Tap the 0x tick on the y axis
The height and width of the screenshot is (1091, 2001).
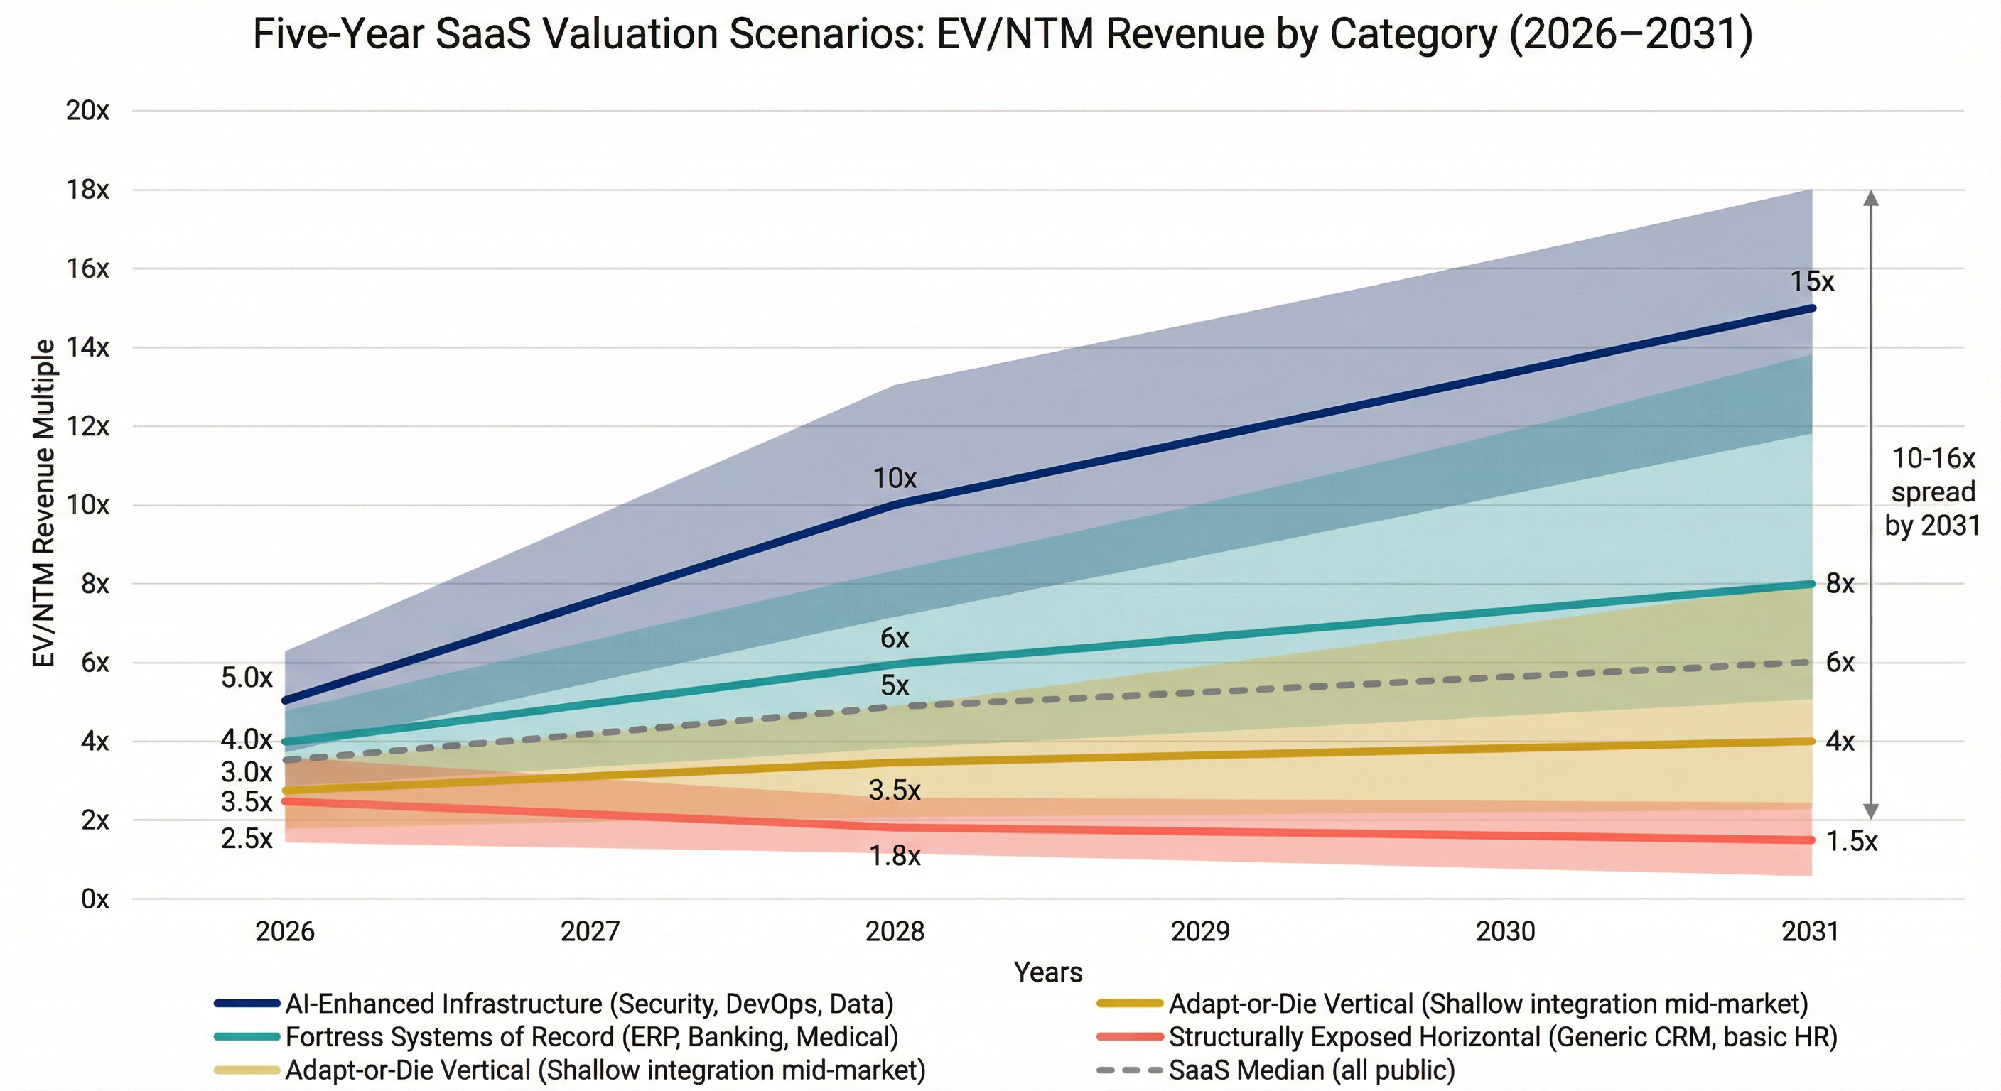94,899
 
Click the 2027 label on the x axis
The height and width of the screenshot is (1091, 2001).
590,931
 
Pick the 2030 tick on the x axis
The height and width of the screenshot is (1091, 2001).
1506,931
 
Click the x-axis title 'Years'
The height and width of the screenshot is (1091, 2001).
1048,972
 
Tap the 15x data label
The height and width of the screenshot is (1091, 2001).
1811,281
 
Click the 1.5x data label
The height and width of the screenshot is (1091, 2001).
1851,841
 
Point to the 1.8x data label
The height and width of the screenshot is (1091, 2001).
894,856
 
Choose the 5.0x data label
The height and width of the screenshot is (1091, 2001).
247,677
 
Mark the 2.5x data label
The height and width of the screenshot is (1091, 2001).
247,839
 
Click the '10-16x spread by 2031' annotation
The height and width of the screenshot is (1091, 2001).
1933,492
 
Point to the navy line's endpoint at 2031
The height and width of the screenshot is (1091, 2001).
1811,308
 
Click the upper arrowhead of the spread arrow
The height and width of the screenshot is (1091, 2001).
1871,197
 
